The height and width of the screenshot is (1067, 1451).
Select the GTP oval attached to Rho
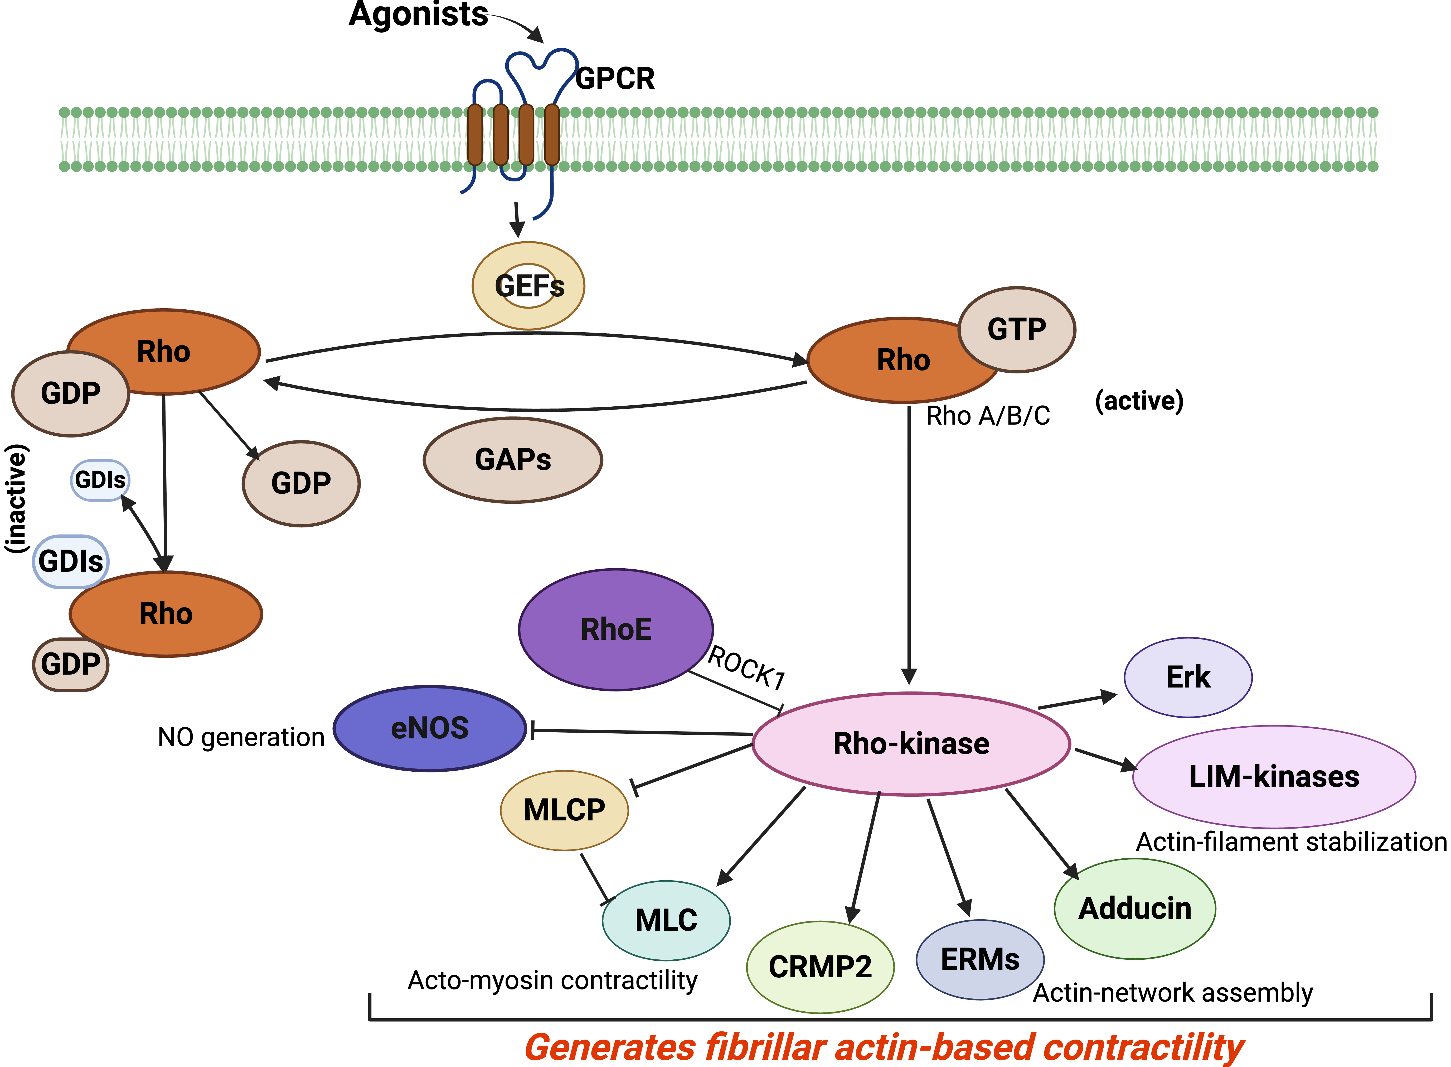pyautogui.click(x=1017, y=329)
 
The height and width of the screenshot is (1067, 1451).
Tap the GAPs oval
pyautogui.click(x=512, y=460)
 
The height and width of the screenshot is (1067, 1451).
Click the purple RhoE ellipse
pyautogui.click(x=616, y=630)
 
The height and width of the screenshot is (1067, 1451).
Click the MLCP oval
pyautogui.click(x=564, y=810)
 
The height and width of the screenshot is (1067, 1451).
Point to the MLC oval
pyautogui.click(x=666, y=920)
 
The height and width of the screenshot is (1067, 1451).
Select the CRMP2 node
pyautogui.click(x=820, y=967)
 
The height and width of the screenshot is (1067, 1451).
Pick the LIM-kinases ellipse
pyautogui.click(x=1274, y=776)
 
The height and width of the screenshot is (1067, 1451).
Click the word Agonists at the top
pyautogui.click(x=418, y=14)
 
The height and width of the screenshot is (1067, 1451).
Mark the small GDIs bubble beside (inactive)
pyautogui.click(x=100, y=480)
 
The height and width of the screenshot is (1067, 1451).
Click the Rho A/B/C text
pyautogui.click(x=988, y=416)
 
